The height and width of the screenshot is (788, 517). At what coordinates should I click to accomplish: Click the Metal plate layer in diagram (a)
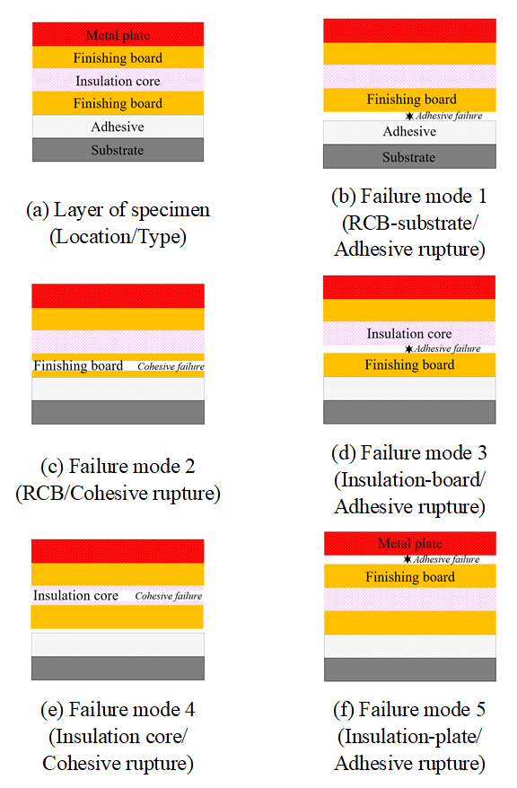[x=118, y=34]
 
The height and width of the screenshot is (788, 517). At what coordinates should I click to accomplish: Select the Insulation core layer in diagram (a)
[x=118, y=80]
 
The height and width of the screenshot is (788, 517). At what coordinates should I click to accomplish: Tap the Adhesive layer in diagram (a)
[x=118, y=127]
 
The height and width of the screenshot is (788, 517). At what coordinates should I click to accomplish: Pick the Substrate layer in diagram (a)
[x=118, y=150]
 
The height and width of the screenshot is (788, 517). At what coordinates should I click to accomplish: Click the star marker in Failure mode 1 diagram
[x=409, y=116]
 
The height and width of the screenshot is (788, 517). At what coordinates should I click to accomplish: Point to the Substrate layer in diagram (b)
[x=409, y=156]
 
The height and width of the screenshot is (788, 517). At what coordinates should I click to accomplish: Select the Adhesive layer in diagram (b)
[x=409, y=132]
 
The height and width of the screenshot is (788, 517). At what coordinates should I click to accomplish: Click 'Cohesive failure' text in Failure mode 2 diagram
[x=171, y=367]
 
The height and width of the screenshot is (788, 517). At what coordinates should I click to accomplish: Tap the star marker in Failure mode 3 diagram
[x=409, y=349]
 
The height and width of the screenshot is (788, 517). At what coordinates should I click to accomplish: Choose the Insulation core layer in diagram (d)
[x=409, y=333]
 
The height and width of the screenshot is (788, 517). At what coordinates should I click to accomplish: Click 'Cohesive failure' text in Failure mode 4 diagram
[x=169, y=596]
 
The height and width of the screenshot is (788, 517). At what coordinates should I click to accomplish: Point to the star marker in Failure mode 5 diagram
[x=407, y=559]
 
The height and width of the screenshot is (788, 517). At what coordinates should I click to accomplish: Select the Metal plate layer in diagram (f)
[x=410, y=543]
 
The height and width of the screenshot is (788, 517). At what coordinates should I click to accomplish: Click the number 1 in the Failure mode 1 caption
[x=482, y=196]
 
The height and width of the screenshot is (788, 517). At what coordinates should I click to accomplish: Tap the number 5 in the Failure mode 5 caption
[x=481, y=710]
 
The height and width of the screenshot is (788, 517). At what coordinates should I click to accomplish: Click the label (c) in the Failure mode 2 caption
[x=52, y=467]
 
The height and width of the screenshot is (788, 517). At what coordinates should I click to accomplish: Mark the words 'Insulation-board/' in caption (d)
[x=409, y=480]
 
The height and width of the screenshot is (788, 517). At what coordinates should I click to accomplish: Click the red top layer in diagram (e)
[x=118, y=551]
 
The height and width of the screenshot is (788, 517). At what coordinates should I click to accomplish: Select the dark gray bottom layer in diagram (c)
[x=118, y=412]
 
